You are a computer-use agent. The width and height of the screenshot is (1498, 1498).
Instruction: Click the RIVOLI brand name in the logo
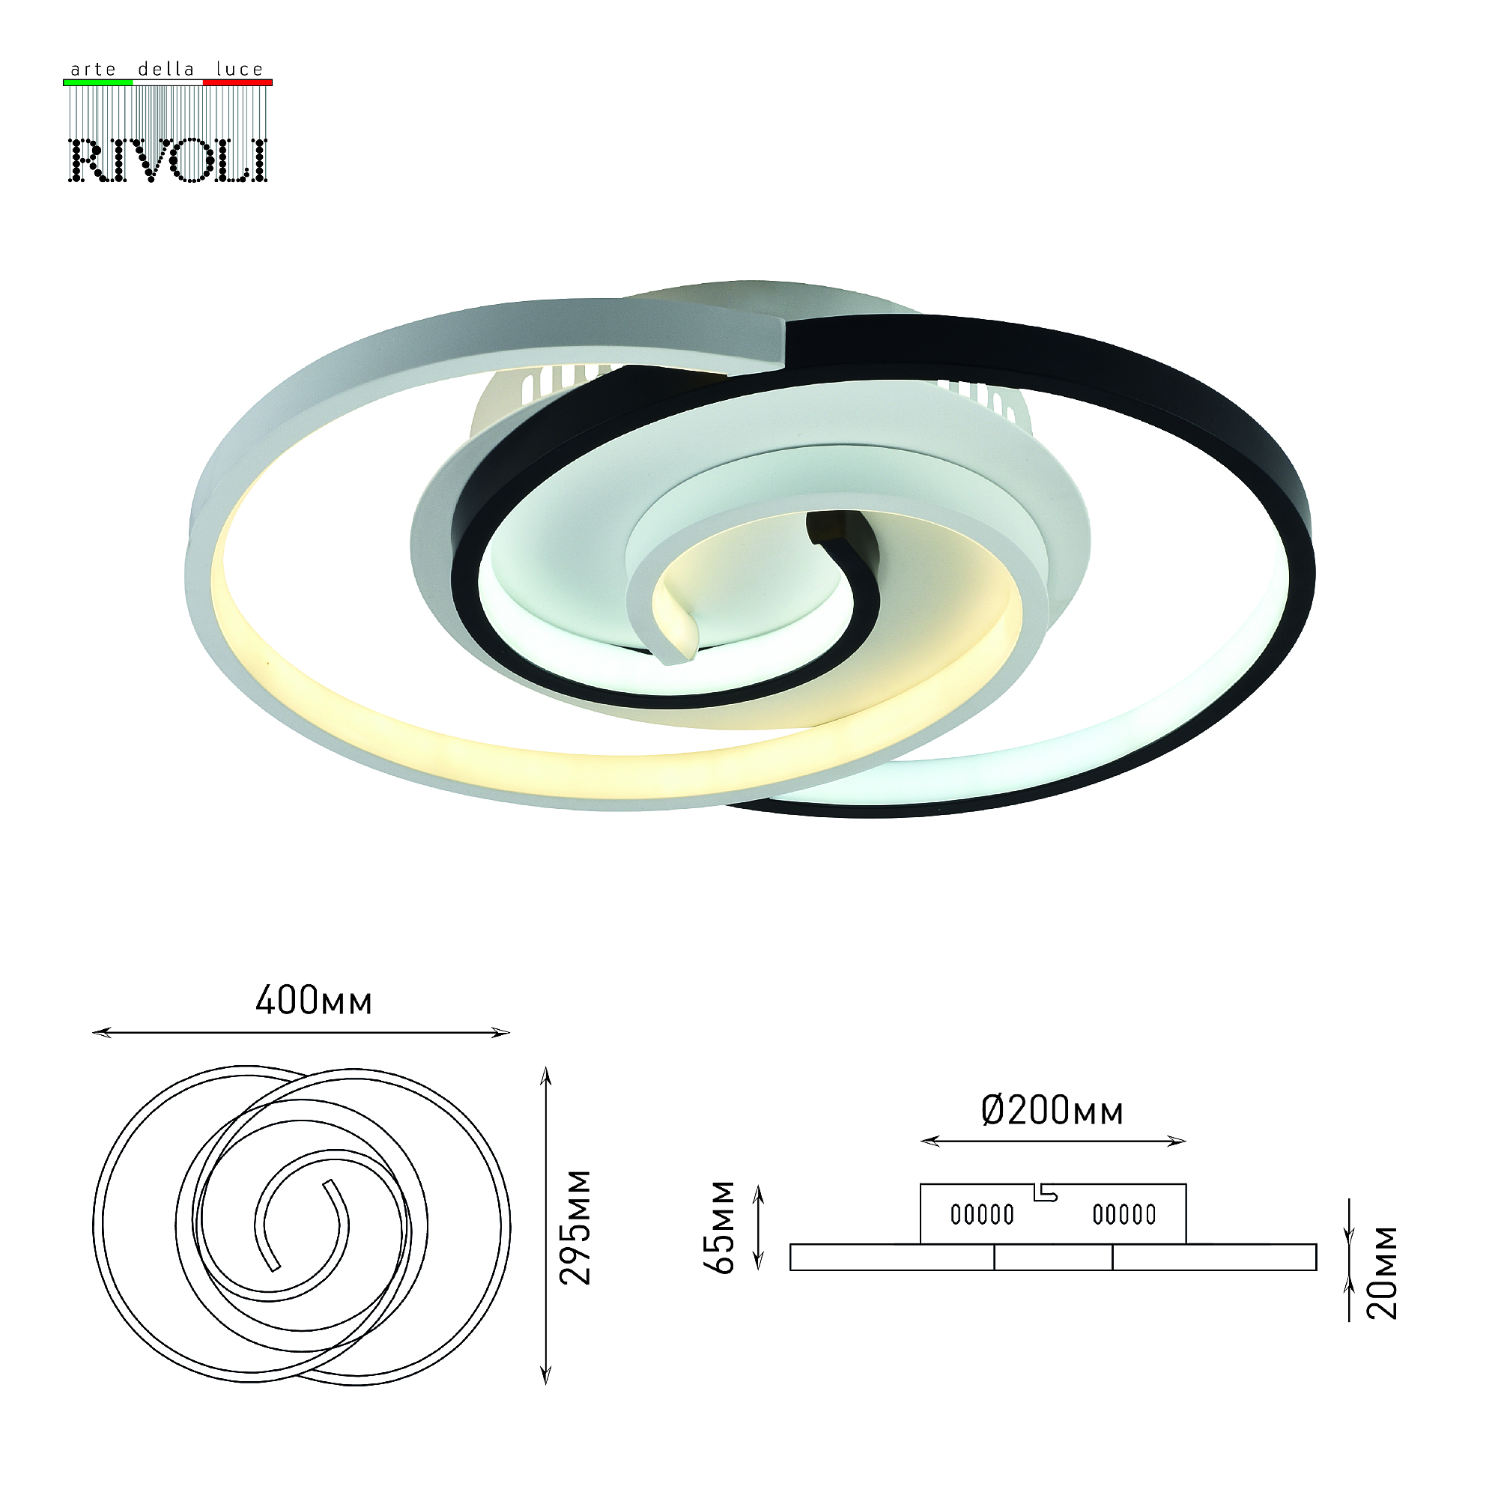(169, 160)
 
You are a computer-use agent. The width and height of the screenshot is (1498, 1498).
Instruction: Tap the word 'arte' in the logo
(93, 70)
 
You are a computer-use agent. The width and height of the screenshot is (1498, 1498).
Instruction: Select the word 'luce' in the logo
(240, 69)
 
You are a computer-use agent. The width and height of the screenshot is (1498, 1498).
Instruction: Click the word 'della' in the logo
(166, 69)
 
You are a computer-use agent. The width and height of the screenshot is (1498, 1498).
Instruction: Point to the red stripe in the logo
(237, 82)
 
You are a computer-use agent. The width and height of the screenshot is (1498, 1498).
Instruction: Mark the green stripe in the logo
(97, 82)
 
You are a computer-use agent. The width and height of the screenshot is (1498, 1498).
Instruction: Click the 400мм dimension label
(314, 1000)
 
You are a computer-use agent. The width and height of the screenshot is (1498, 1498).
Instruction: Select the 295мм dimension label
(576, 1228)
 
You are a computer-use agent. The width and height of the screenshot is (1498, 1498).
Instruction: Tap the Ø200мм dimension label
(1052, 1110)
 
